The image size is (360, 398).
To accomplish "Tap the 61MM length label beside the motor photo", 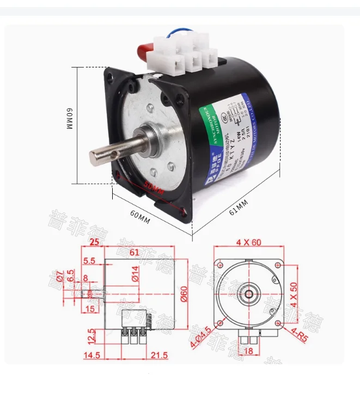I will pyautogui.click(x=238, y=207).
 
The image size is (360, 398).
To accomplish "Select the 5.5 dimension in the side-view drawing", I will pyautogui.click(x=89, y=261).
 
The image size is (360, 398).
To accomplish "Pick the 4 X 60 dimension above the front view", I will pyautogui.click(x=249, y=242).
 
